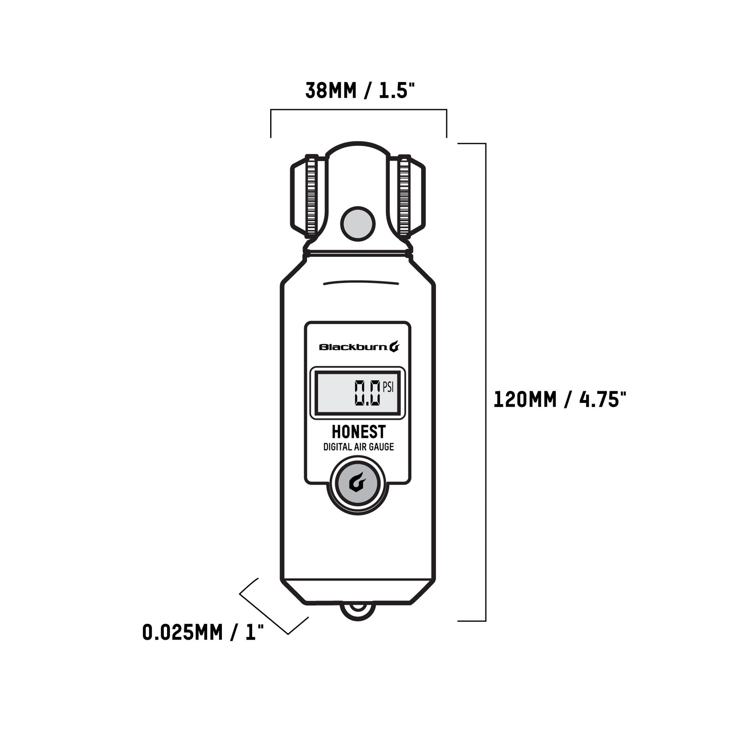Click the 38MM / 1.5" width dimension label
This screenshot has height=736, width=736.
359,91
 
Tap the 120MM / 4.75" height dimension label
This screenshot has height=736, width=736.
560,400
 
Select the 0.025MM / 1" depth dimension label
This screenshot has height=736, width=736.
203,632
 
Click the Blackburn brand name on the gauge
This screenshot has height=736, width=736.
353,347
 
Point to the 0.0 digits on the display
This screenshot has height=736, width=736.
367,393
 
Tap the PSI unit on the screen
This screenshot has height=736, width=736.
388,388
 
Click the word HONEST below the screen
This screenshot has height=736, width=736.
358,432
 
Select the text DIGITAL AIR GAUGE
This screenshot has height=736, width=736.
358,447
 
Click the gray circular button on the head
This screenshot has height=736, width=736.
358,224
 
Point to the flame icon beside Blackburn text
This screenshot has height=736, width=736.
394,346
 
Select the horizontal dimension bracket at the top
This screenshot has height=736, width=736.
358,110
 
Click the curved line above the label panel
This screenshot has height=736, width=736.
360,282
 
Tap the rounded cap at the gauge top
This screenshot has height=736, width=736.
358,149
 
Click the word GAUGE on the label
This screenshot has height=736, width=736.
381,447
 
